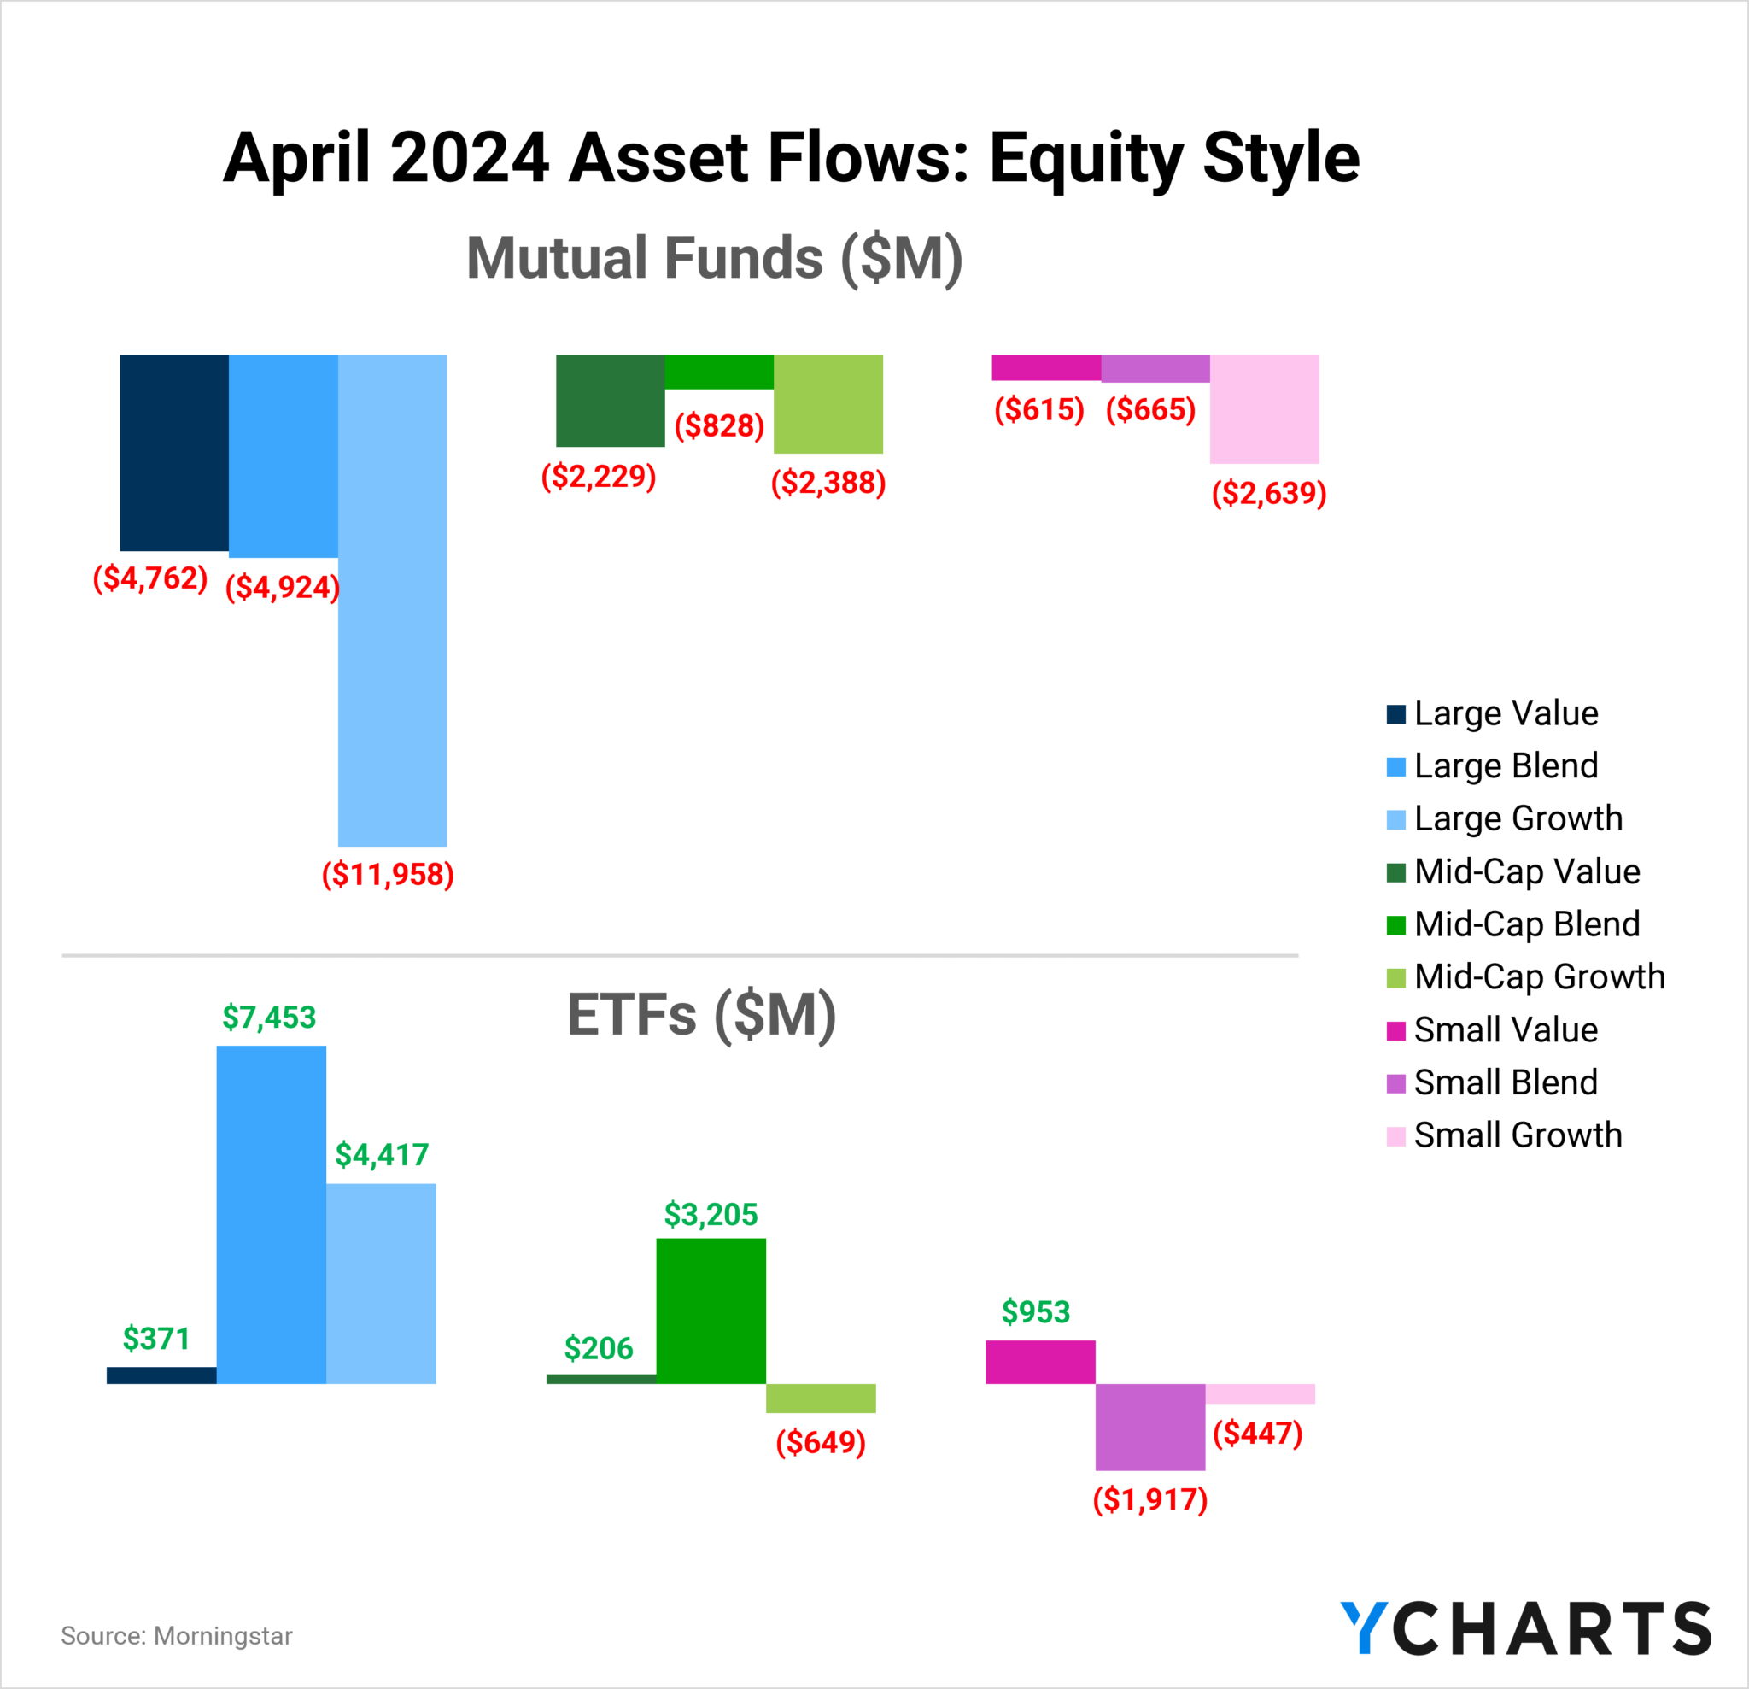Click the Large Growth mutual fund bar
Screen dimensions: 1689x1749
coord(393,600)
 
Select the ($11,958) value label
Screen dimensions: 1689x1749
coord(389,874)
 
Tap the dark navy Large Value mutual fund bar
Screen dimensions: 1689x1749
coord(174,453)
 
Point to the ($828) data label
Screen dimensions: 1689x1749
coord(719,425)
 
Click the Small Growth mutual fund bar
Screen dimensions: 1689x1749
coord(1265,409)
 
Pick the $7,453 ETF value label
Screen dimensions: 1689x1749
coord(270,1017)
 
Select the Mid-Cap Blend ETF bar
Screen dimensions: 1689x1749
coord(711,1311)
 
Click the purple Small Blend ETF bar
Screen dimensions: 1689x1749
coord(1150,1427)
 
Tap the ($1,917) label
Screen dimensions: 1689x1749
coord(1150,1498)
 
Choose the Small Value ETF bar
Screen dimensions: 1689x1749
coord(1040,1362)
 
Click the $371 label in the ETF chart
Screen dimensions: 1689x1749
coord(156,1338)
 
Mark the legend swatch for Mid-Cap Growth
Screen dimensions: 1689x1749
coord(1396,977)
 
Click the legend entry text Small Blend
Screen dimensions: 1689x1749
coord(1506,1082)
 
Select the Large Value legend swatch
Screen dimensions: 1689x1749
coord(1396,714)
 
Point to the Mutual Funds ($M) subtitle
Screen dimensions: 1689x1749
coord(715,258)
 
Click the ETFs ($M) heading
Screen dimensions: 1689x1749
coord(702,1015)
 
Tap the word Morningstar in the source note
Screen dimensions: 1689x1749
coord(223,1635)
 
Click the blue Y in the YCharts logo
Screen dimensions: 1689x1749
coord(1365,1627)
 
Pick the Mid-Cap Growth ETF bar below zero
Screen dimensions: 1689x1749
coord(821,1398)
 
